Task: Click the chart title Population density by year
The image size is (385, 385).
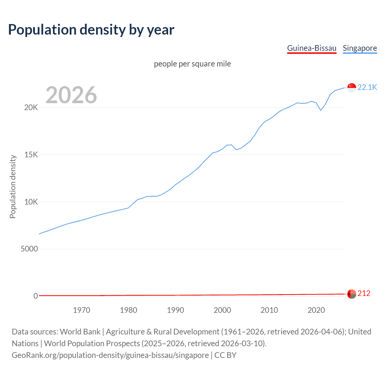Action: (91, 30)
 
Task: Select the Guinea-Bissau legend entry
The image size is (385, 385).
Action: (312, 48)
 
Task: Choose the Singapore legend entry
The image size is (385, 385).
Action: (360, 48)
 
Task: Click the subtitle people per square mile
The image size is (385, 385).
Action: (192, 64)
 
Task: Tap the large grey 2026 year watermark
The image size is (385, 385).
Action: (71, 95)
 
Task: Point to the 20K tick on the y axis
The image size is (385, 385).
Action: (31, 108)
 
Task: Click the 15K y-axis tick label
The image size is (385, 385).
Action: (31, 155)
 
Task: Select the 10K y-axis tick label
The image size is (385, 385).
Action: (31, 202)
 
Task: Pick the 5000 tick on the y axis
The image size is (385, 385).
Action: (29, 249)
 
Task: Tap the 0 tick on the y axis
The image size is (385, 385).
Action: (35, 296)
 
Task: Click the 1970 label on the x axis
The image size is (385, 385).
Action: (82, 310)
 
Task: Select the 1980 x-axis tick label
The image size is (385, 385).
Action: (128, 310)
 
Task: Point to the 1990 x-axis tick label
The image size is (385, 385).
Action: (175, 310)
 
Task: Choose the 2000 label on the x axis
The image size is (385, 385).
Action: (222, 310)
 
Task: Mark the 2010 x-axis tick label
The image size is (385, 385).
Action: (269, 310)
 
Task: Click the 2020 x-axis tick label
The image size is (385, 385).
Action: (316, 310)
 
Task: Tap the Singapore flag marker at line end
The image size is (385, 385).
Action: (352, 88)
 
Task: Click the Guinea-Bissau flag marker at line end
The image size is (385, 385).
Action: (352, 294)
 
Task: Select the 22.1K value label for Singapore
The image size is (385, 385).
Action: (367, 87)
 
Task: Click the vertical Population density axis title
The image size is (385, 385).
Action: (13, 186)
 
